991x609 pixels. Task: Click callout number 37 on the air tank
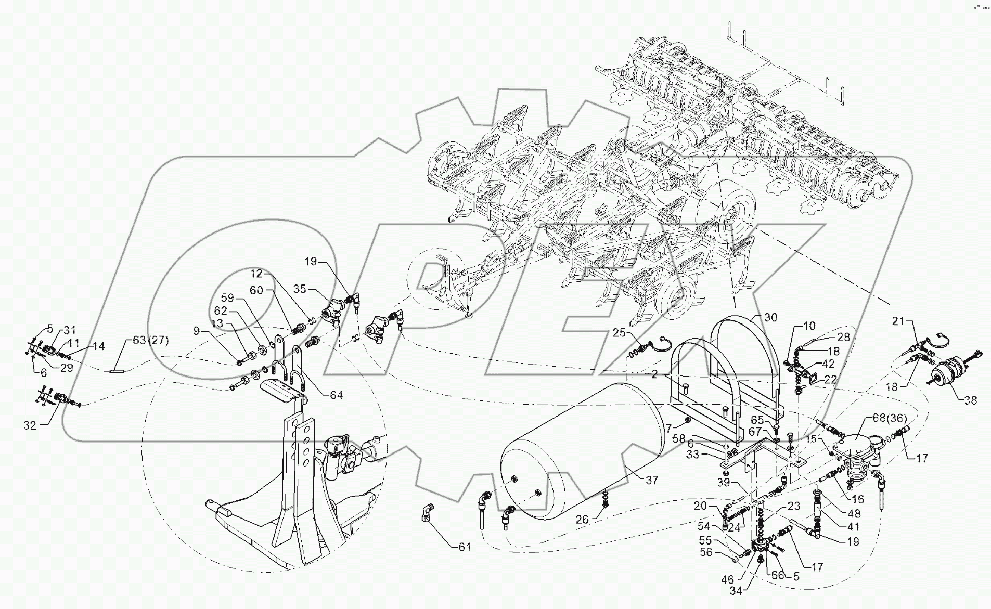click(652, 481)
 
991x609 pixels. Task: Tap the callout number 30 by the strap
click(770, 318)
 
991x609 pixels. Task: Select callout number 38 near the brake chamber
click(970, 400)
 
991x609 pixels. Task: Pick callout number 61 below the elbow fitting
click(464, 547)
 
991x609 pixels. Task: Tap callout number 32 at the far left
click(30, 425)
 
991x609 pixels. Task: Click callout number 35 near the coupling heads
click(300, 289)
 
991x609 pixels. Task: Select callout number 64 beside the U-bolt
click(337, 395)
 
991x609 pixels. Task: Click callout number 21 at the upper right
click(898, 321)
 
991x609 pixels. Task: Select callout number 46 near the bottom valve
click(727, 579)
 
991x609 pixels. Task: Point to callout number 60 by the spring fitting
click(256, 291)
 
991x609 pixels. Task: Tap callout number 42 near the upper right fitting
click(828, 365)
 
